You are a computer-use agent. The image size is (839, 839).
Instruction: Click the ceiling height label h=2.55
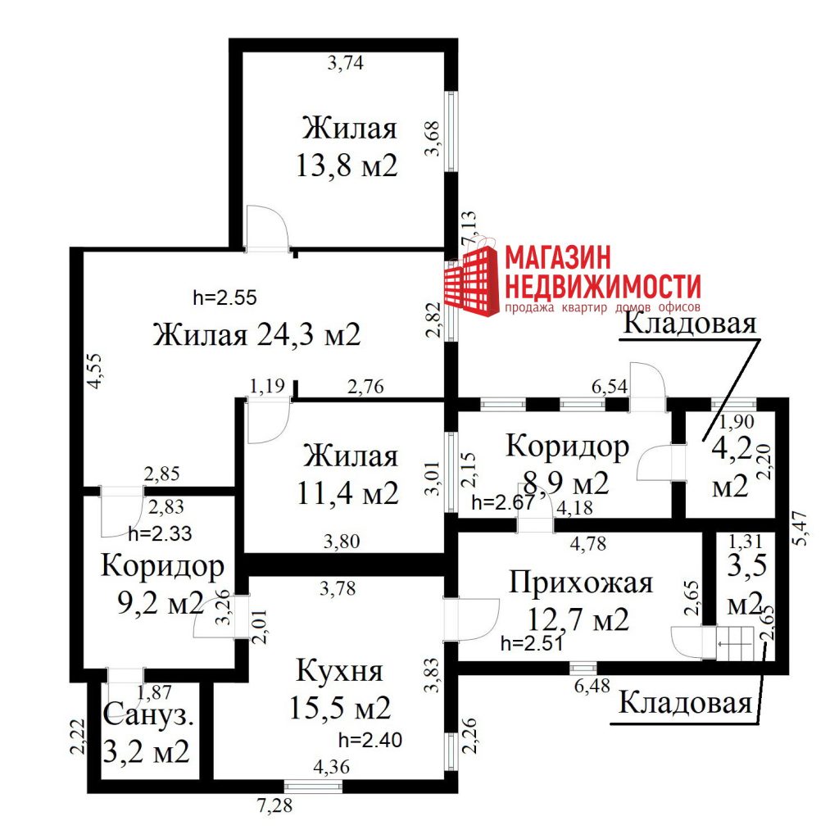pos(224,297)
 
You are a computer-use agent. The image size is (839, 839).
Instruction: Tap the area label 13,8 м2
pos(347,165)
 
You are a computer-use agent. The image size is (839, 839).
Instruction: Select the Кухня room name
pos(339,671)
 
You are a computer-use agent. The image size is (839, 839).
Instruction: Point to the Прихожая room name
pos(581,583)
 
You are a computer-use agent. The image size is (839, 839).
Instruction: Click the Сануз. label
pos(148,714)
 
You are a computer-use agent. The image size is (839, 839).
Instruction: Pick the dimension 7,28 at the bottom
pos(275,805)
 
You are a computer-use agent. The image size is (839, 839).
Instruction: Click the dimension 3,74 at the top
pos(346,63)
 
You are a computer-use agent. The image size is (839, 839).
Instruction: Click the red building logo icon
pos(472,280)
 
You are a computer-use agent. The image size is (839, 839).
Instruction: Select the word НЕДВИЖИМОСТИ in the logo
pos(603,286)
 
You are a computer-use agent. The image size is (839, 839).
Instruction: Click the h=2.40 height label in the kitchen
pos(370,740)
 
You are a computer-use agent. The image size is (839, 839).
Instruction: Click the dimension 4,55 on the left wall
pos(95,371)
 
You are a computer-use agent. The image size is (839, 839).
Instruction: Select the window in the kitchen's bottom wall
pos(313,786)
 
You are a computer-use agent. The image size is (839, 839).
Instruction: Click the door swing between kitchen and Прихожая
pos(472,619)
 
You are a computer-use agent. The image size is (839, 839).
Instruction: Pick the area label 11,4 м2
pos(347,492)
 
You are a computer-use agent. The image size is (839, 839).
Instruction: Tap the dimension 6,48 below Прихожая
pos(592,686)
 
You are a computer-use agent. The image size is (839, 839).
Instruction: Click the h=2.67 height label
pos(503,502)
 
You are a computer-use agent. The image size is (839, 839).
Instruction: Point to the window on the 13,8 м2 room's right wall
pos(451,132)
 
